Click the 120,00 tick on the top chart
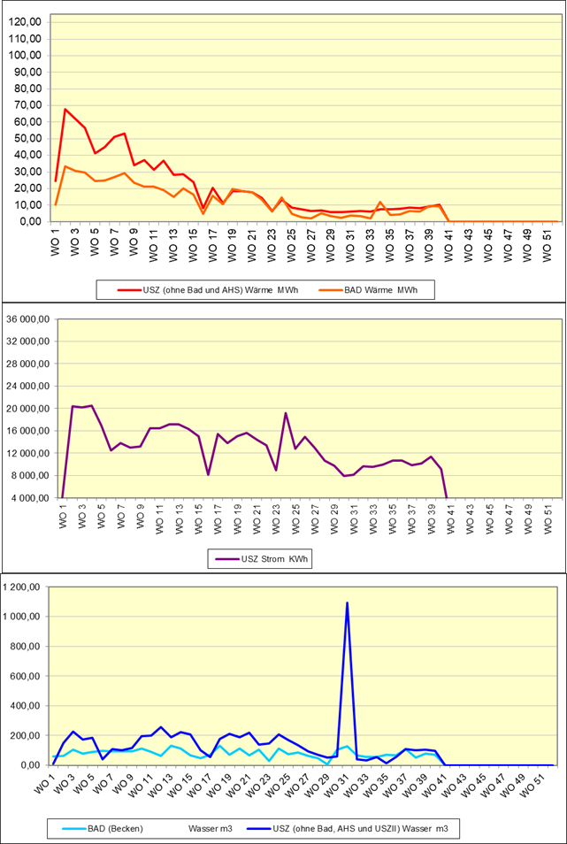[27, 22]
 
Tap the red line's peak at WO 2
[65, 110]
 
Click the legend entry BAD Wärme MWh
[370, 288]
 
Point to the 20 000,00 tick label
[26, 409]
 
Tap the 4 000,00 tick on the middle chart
[28, 498]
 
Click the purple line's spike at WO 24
[286, 413]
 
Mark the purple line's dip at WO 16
[208, 475]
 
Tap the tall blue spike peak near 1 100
[347, 602]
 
